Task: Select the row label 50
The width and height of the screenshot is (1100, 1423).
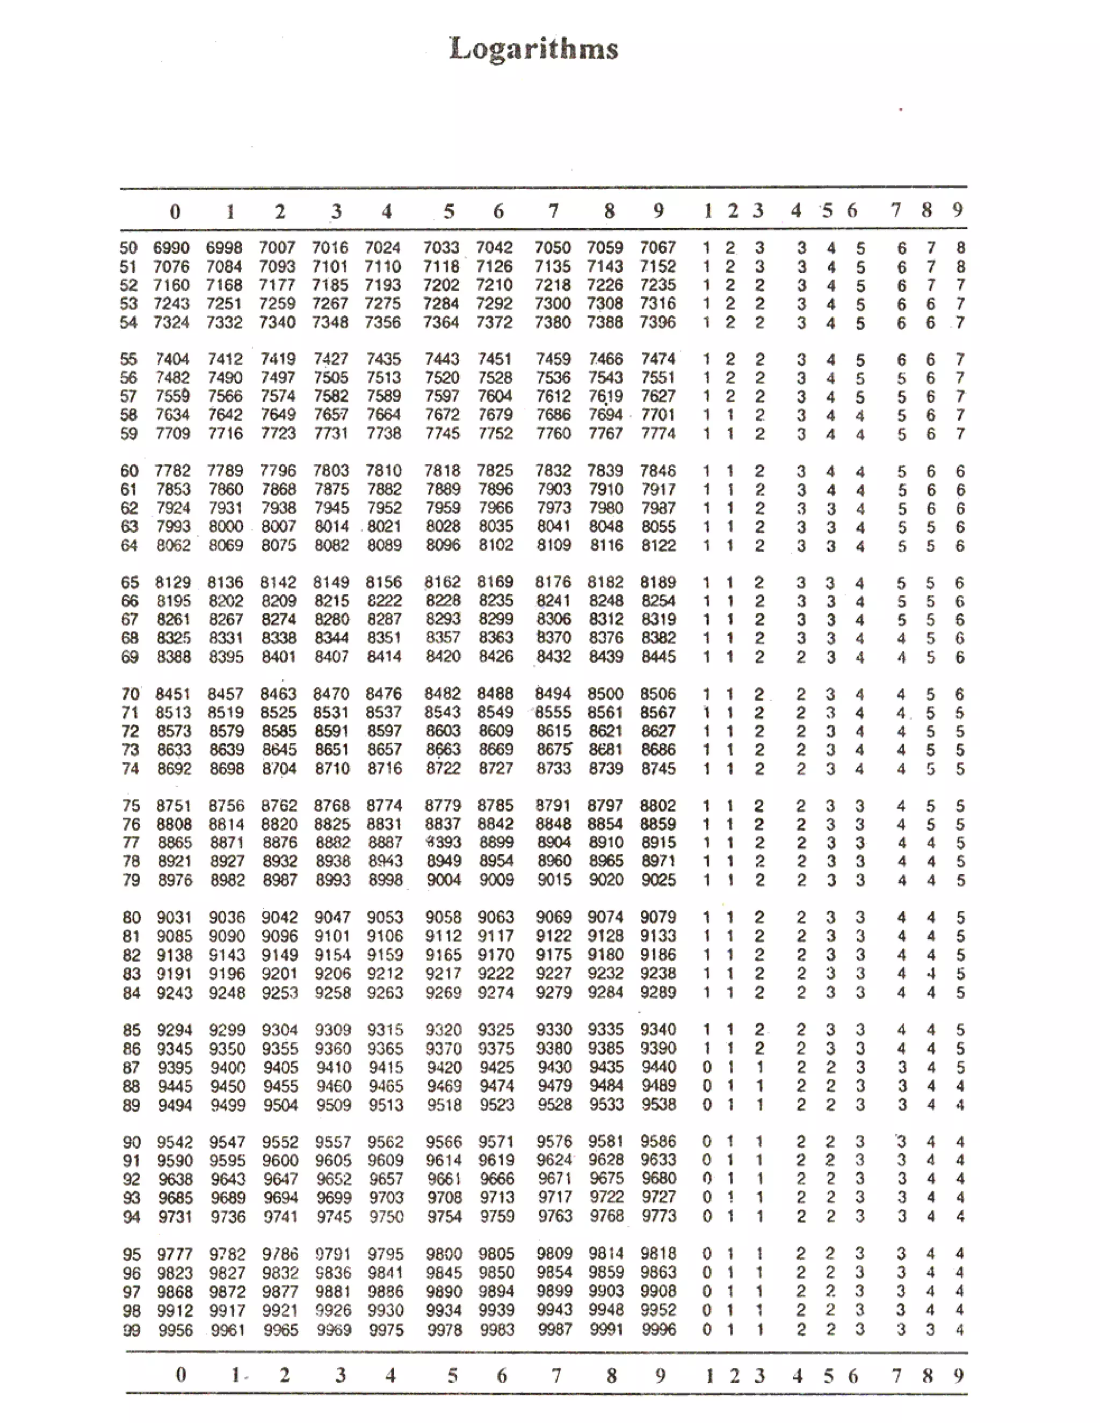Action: click(128, 248)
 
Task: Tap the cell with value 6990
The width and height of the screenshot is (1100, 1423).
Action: click(171, 248)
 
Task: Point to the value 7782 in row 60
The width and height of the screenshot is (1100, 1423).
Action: click(173, 470)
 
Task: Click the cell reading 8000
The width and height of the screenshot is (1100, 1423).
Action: click(226, 526)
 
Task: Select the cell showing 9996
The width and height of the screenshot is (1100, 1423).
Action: click(658, 1329)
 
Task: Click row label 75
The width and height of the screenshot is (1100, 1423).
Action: click(131, 806)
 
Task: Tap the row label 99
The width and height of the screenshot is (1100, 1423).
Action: click(132, 1330)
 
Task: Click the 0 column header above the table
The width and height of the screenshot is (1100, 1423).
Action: click(175, 212)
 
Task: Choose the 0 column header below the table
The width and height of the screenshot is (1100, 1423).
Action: click(180, 1375)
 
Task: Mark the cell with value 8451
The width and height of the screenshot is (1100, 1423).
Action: click(173, 694)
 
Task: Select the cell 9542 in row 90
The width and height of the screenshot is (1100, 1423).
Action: click(175, 1142)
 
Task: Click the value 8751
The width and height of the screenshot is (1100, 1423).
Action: click(174, 806)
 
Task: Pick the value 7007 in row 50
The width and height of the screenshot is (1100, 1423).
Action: click(277, 248)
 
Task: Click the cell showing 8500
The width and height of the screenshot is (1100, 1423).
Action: click(605, 694)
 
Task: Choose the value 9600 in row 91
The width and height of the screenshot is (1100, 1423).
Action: click(280, 1160)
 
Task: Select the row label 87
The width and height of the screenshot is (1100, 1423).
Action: click(132, 1068)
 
